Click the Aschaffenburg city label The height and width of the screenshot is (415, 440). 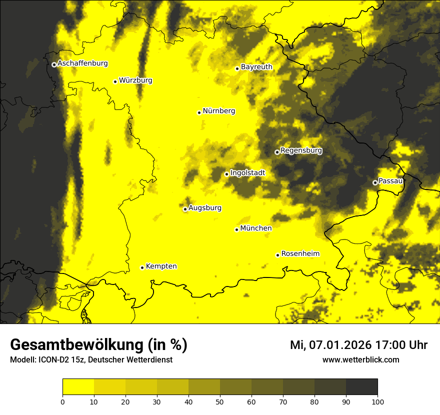[x=82, y=63]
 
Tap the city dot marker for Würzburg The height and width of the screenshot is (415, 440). [x=115, y=81]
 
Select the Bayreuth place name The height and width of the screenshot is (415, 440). [x=256, y=67]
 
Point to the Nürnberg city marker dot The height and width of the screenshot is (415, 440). [x=199, y=112]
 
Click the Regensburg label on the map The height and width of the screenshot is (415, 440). [x=301, y=150]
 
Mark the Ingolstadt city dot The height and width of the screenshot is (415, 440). [x=226, y=174]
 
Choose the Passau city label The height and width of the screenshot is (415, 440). [x=390, y=181]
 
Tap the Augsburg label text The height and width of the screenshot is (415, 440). [x=205, y=208]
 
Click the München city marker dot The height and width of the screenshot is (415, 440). [x=236, y=229]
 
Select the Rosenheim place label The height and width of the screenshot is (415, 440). [x=300, y=254]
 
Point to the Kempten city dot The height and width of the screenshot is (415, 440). [x=142, y=267]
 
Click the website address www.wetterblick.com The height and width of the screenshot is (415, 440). [x=360, y=360]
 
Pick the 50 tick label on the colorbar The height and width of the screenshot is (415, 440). [x=220, y=401]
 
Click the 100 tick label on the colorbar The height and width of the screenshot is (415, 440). [x=377, y=401]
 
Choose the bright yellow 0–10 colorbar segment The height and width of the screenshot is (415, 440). [x=78, y=387]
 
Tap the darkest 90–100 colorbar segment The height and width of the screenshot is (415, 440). [x=361, y=387]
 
